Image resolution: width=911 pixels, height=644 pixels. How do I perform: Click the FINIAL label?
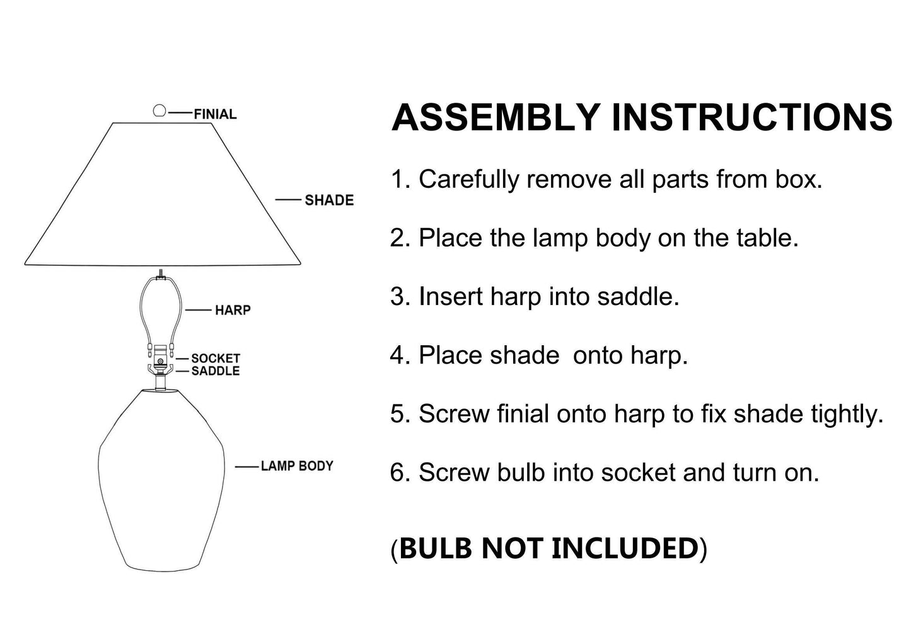click(215, 114)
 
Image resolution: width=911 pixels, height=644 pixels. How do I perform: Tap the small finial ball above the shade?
click(160, 110)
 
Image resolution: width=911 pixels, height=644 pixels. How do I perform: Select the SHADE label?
click(329, 200)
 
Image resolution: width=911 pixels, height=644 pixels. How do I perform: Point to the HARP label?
click(233, 310)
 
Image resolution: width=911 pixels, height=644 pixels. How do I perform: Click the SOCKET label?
click(216, 358)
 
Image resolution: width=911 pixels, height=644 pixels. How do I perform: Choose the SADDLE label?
click(216, 371)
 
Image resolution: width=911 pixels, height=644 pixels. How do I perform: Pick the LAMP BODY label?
click(297, 466)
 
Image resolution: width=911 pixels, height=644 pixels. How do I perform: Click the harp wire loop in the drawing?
click(141, 309)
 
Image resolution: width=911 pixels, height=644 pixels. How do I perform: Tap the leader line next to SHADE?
click(288, 200)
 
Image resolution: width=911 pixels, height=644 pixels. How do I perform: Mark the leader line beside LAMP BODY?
click(247, 467)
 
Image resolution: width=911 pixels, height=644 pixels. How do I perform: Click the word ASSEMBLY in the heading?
click(496, 117)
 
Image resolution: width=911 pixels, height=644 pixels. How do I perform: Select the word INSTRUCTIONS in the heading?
click(752, 117)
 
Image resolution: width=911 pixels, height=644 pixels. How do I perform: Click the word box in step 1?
click(799, 179)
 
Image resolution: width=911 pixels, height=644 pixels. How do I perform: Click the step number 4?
click(397, 355)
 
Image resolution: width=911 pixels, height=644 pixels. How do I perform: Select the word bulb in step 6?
click(521, 473)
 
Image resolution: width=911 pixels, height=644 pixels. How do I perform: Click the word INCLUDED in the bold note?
click(625, 548)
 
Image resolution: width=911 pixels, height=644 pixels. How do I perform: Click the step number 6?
click(397, 473)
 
